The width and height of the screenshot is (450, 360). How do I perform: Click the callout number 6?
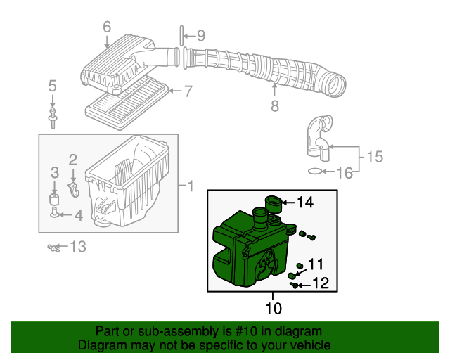[x=107, y=27]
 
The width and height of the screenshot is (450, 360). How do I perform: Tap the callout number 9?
[x=200, y=35]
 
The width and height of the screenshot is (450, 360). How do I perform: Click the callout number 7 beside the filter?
[x=188, y=91]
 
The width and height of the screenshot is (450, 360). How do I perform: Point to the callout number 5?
[x=52, y=86]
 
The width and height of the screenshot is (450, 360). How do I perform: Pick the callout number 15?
[x=375, y=156]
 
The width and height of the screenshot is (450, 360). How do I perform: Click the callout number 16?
[x=345, y=172]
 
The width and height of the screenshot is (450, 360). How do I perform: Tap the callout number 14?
[x=304, y=202]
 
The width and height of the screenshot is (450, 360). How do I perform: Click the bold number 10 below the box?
[x=274, y=308]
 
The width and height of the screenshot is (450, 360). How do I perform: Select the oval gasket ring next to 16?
[x=317, y=171]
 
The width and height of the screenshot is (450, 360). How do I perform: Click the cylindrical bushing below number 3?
[x=54, y=200]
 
